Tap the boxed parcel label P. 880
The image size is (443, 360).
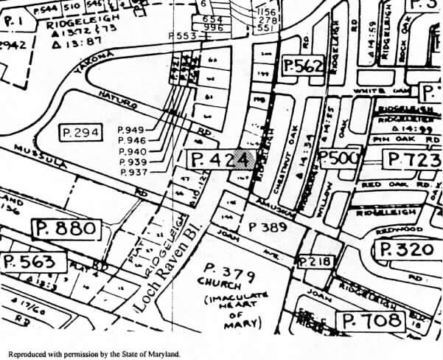click(66, 229)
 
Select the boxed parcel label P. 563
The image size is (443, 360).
click(29, 262)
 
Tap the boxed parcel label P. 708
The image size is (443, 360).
click(372, 320)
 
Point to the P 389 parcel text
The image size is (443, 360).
click(265, 227)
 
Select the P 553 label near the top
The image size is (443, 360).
click(182, 35)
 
